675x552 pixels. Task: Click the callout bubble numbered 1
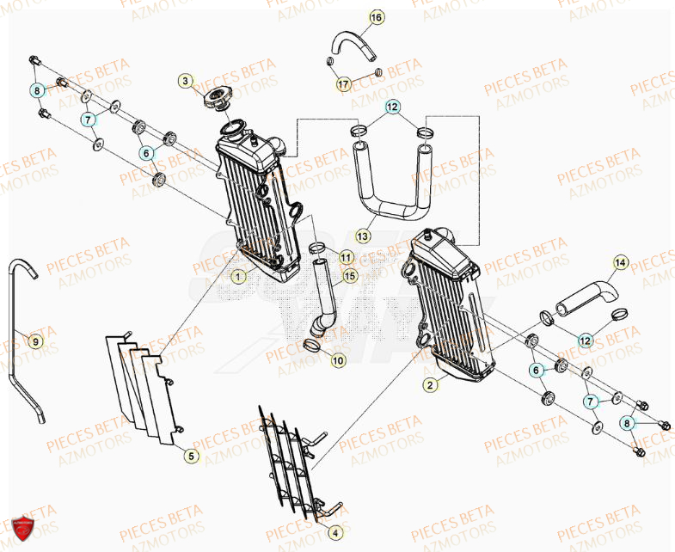tap(238, 277)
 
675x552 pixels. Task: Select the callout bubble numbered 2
tap(428, 385)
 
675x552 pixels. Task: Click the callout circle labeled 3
tap(185, 81)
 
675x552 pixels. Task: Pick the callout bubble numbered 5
tap(192, 456)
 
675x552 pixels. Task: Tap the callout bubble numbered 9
tap(35, 341)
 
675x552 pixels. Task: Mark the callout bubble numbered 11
tap(345, 257)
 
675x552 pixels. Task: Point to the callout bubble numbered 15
tap(349, 276)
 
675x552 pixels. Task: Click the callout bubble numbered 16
tap(377, 17)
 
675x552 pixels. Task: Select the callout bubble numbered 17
tap(342, 84)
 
